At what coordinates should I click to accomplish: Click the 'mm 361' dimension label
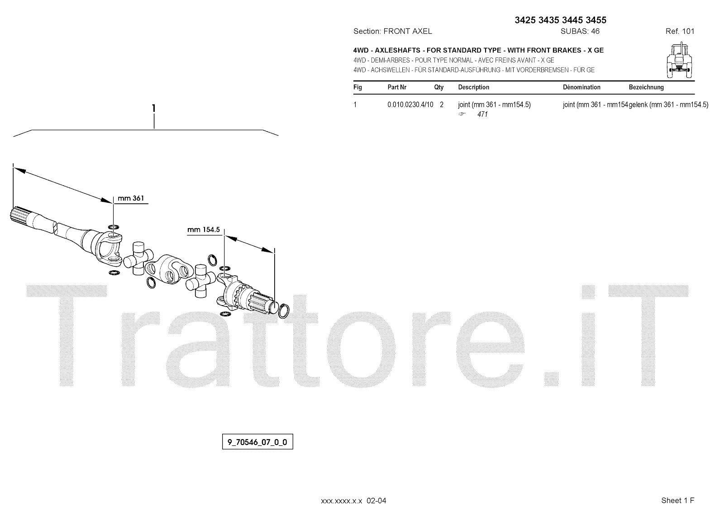pyautogui.click(x=130, y=198)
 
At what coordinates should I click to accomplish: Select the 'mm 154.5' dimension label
pyautogui.click(x=203, y=230)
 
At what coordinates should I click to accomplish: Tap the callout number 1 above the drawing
pyautogui.click(x=154, y=108)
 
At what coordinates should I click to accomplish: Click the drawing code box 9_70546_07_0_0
pyautogui.click(x=257, y=442)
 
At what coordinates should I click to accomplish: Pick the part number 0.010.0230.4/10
pyautogui.click(x=410, y=105)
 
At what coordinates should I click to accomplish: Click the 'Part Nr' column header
pyautogui.click(x=397, y=87)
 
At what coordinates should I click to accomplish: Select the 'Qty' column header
pyautogui.click(x=439, y=87)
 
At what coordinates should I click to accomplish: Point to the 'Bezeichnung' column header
pyautogui.click(x=646, y=87)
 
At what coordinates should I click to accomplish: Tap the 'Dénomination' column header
pyautogui.click(x=581, y=87)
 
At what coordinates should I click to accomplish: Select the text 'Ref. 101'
pyautogui.click(x=680, y=31)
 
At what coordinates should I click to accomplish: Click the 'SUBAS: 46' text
pyautogui.click(x=580, y=31)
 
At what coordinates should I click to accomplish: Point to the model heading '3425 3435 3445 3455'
pyautogui.click(x=561, y=20)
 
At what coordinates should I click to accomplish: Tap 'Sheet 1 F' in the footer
pyautogui.click(x=677, y=500)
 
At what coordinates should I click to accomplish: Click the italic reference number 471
pyautogui.click(x=482, y=115)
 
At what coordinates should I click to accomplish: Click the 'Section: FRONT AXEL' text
pyautogui.click(x=392, y=31)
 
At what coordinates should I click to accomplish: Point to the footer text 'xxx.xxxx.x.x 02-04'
pyautogui.click(x=353, y=501)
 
